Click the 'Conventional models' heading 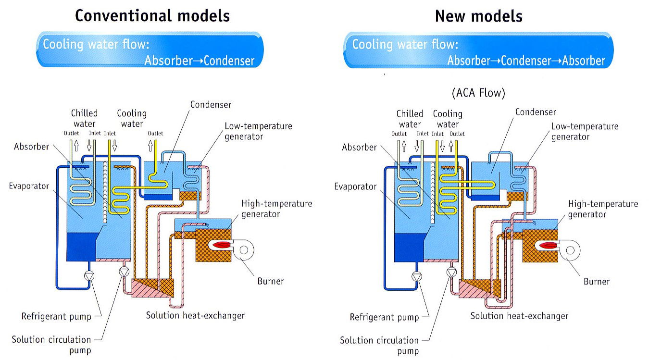point(152,16)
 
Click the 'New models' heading point(478,16)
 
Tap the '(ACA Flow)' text point(478,93)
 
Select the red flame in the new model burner point(549,246)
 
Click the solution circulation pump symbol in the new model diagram point(451,272)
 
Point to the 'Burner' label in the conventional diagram point(270,281)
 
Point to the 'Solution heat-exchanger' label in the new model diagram point(519,316)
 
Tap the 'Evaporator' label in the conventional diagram point(29,186)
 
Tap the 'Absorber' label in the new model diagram point(359,147)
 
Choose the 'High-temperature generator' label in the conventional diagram point(276,209)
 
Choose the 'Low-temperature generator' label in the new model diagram point(585,131)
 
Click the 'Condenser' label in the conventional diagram point(211,104)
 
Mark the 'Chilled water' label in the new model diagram point(410,119)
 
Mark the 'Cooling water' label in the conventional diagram point(132,118)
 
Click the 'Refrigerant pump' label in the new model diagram point(384,317)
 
